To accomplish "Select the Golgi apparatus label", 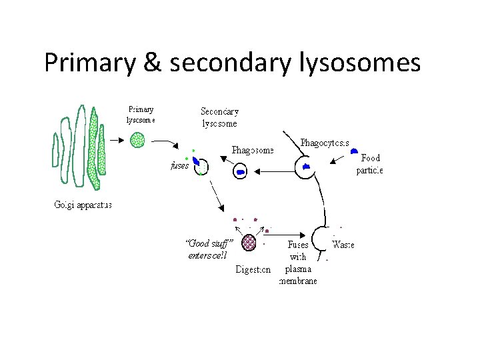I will pyautogui.click(x=83, y=205).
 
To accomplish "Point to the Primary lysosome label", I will pyautogui.click(x=141, y=115).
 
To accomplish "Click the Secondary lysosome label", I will pyautogui.click(x=219, y=117).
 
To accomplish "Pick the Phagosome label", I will pyautogui.click(x=253, y=150).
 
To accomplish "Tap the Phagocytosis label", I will pyautogui.click(x=325, y=143).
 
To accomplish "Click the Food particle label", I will pyautogui.click(x=370, y=164).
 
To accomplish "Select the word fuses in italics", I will pyautogui.click(x=180, y=166).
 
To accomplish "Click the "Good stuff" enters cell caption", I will pyautogui.click(x=208, y=249).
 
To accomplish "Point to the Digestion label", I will pyautogui.click(x=253, y=269).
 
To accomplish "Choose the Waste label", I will pyautogui.click(x=343, y=245).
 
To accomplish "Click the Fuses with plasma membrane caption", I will pyautogui.click(x=297, y=263).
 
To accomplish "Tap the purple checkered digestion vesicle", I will pyautogui.click(x=249, y=241).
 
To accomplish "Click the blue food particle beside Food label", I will pyautogui.click(x=355, y=152).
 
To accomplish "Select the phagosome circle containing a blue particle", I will pyautogui.click(x=241, y=171).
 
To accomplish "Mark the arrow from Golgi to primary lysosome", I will pyautogui.click(x=115, y=140).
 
